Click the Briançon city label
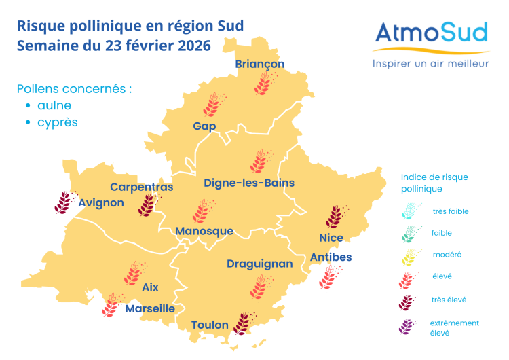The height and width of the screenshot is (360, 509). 259,64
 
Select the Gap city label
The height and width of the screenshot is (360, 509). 204,126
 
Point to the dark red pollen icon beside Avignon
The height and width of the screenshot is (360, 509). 64,202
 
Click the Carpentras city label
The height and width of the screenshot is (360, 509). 142,187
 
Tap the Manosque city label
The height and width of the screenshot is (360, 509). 204,231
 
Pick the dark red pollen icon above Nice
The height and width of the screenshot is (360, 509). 334,217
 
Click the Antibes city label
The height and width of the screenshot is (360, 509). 331,257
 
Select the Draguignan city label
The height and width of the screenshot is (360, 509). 260,264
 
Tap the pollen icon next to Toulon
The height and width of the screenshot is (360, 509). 242,323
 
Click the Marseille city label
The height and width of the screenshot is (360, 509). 150,308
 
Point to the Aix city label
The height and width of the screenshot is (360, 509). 150,287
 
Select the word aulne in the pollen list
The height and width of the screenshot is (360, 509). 54,105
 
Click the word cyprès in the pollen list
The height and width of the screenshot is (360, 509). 57,123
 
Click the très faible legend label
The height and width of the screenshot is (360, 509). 450,211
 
